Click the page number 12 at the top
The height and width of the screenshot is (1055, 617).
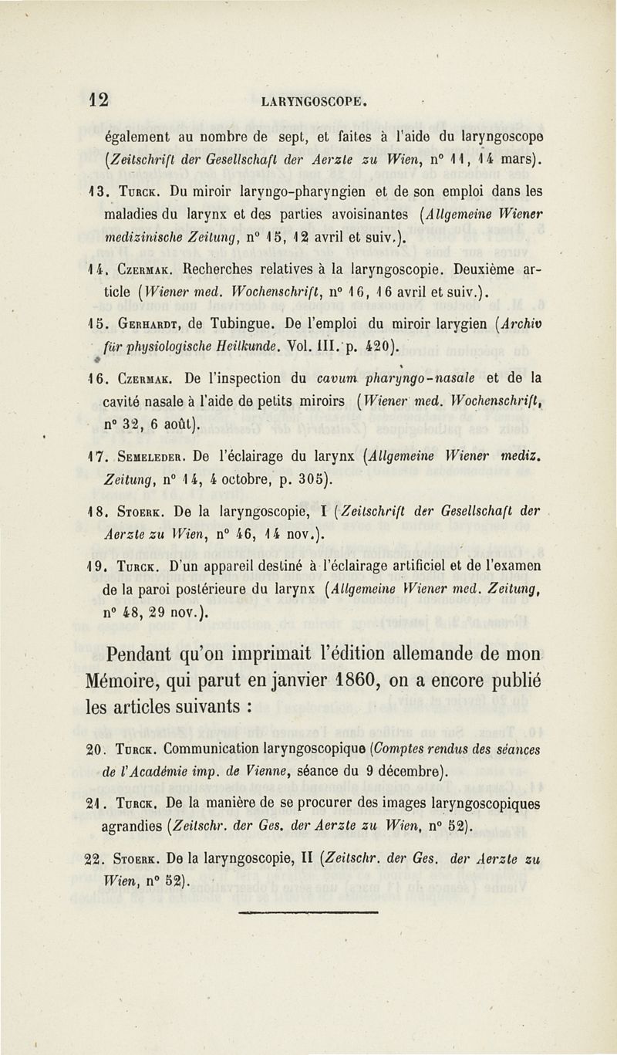(x=98, y=99)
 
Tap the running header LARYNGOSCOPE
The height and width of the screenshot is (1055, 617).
(x=312, y=100)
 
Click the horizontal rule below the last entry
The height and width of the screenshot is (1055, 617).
(x=308, y=911)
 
